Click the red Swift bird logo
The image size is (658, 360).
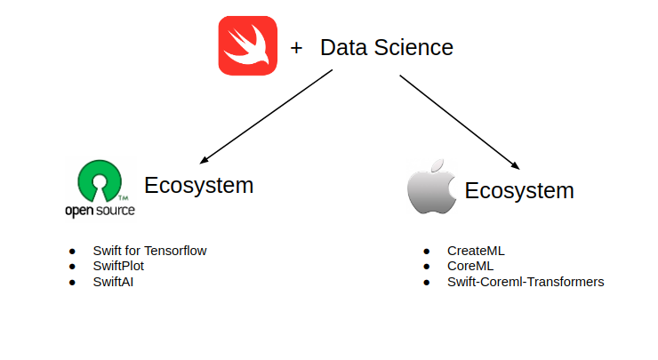[x=248, y=47]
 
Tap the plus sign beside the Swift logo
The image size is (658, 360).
[x=296, y=48]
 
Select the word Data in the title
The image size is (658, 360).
[x=344, y=48]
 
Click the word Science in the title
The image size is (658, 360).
[x=413, y=48]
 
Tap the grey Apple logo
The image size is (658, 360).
[x=430, y=188]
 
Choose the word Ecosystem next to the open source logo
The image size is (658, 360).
[x=199, y=186]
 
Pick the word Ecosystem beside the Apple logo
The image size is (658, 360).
[x=519, y=190]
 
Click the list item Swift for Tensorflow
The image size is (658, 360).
[x=149, y=251]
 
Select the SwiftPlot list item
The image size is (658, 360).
[x=118, y=266]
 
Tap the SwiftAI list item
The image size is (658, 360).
[x=113, y=282]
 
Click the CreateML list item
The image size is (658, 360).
[x=476, y=251]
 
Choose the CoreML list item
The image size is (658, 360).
[x=470, y=266]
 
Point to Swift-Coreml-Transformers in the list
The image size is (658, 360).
[x=526, y=282]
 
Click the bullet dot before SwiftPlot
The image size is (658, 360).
[x=72, y=267]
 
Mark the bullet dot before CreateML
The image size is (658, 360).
[x=427, y=252]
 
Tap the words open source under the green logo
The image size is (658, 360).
[x=100, y=211]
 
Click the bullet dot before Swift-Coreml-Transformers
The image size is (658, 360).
[x=427, y=283]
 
